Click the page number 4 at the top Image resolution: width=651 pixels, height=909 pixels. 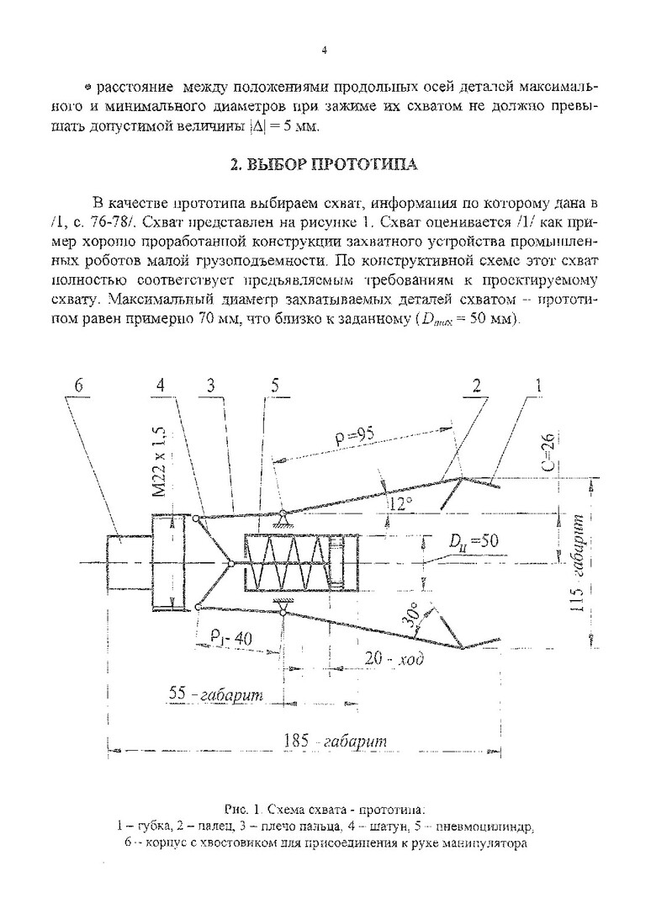[x=325, y=50]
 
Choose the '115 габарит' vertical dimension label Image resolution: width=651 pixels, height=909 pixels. [x=579, y=573]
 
